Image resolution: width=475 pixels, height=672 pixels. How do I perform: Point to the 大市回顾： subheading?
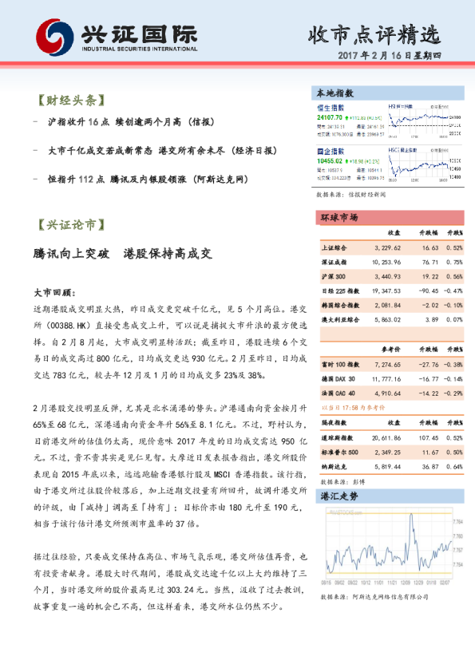click(x=54, y=293)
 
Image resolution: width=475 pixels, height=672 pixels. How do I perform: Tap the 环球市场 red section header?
click(x=339, y=217)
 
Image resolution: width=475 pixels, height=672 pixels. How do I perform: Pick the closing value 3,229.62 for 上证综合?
click(x=386, y=247)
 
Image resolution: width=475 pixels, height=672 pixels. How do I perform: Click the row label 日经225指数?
click(x=340, y=291)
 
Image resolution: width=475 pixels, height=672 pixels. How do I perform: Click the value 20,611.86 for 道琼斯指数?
click(x=386, y=438)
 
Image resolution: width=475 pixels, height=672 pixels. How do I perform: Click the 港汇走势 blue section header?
click(x=339, y=496)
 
